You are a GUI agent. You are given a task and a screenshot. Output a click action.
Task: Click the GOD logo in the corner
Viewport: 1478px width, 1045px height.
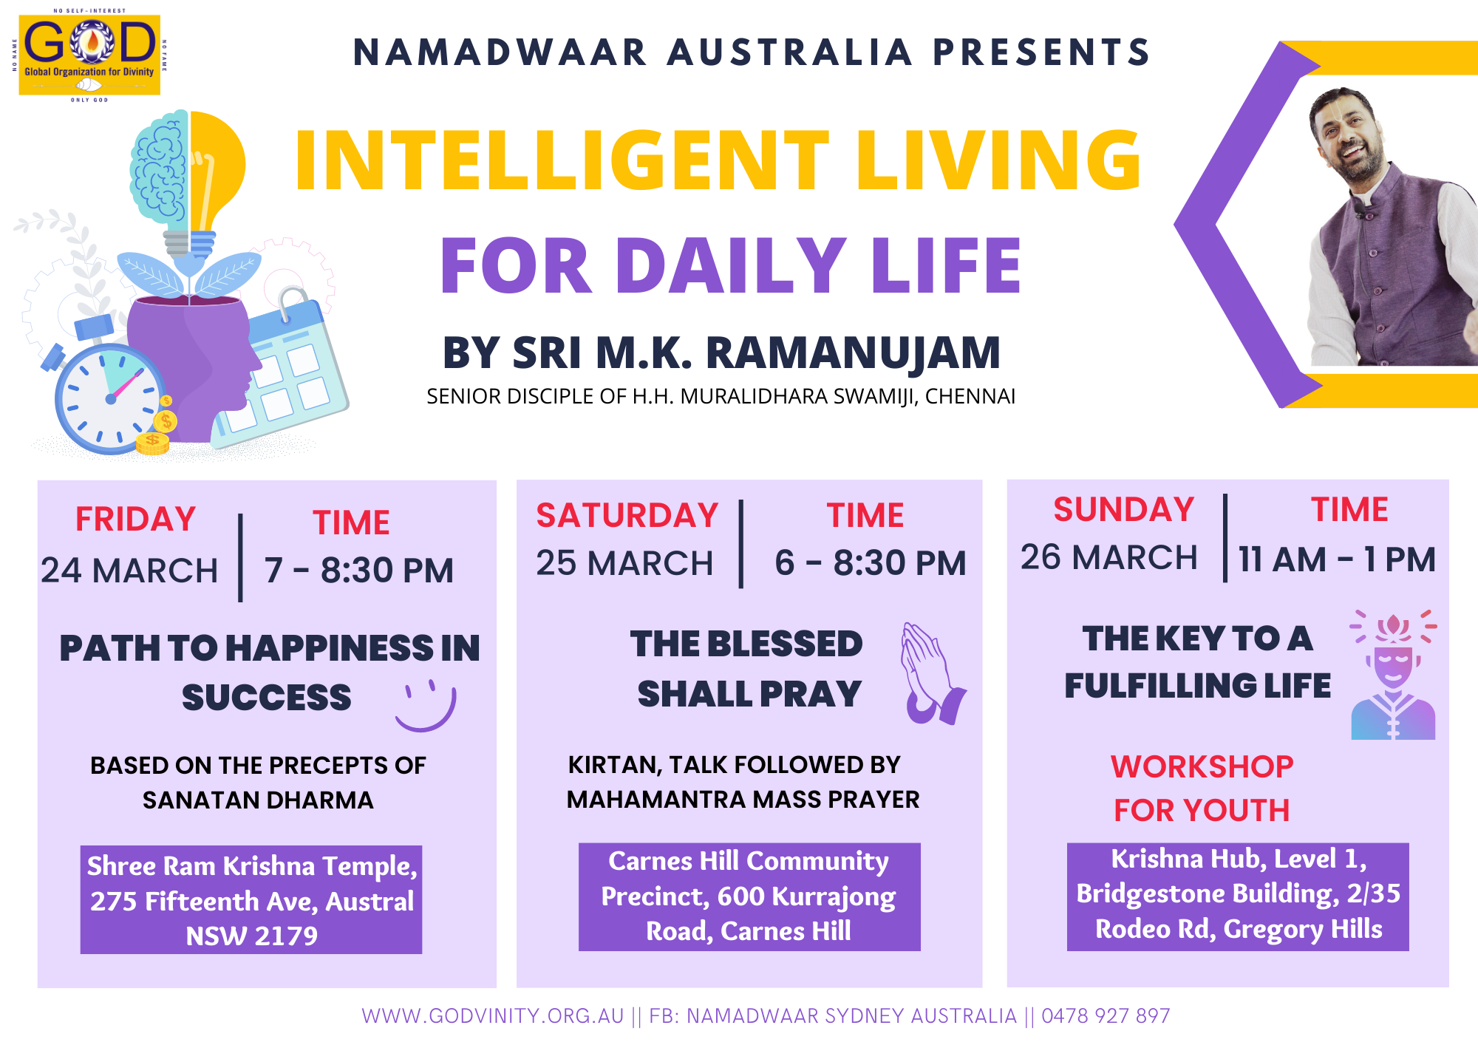[89, 55]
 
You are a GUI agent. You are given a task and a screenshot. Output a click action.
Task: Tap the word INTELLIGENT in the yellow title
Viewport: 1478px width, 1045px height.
[562, 160]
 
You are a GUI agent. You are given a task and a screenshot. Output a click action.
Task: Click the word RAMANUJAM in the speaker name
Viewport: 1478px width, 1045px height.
[854, 353]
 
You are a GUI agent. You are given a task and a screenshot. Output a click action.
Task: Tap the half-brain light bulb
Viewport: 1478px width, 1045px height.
[187, 185]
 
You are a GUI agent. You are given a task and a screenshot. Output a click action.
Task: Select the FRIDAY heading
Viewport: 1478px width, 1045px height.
[135, 519]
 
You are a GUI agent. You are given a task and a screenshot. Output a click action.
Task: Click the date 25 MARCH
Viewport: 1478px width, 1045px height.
[624, 563]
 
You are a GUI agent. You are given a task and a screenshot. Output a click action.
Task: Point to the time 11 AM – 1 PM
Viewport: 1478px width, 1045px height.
[1337, 559]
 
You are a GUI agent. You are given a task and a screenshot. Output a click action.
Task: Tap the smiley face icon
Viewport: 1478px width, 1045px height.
[426, 706]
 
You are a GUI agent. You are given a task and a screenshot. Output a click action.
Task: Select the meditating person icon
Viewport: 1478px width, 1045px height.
[1393, 675]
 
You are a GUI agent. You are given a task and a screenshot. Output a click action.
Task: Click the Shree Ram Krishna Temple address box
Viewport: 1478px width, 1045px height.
[251, 899]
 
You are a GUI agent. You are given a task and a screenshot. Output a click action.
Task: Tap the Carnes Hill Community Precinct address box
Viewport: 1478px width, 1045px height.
[749, 896]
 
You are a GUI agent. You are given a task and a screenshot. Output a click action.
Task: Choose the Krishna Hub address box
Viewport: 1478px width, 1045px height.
[1238, 896]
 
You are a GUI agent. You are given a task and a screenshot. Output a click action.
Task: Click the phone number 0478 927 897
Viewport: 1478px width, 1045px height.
[1106, 1016]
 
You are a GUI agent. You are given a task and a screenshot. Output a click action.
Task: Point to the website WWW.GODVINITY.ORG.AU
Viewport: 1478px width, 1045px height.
[493, 1016]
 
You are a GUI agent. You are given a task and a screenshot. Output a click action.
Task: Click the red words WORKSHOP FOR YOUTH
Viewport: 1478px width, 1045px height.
[1202, 789]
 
